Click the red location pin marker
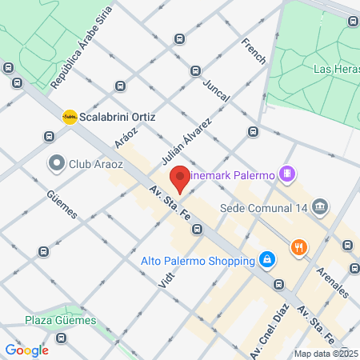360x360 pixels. [180, 179]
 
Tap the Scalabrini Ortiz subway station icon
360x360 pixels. [70, 117]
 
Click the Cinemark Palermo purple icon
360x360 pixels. [288, 174]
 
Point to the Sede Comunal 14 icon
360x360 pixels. [321, 206]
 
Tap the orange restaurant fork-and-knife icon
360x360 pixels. [300, 246]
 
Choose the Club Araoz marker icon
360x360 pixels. [57, 164]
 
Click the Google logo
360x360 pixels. [26, 350]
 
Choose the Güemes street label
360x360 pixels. [62, 204]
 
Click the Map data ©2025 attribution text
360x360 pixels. [326, 353]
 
